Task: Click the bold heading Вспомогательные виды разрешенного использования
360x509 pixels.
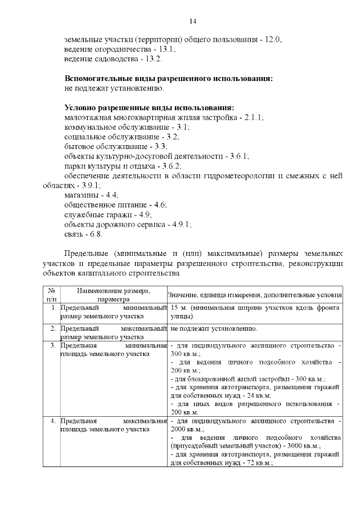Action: pyautogui.click(x=169, y=79)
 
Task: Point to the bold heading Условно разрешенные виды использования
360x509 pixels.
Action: pyautogui.click(x=149, y=108)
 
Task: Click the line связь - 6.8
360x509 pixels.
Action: pyautogui.click(x=83, y=233)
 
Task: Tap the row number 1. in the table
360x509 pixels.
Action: pyautogui.click(x=52, y=308)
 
